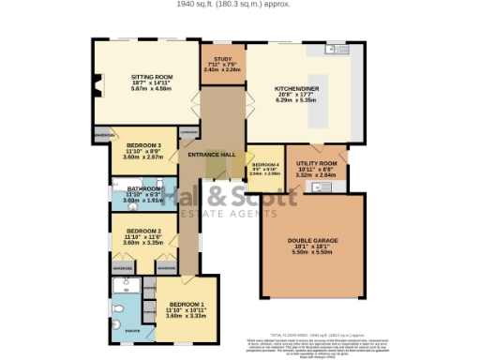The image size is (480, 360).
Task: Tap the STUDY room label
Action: pyautogui.click(x=222, y=58)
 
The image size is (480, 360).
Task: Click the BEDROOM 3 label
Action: pyautogui.click(x=144, y=145)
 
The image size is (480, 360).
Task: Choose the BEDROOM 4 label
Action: pyautogui.click(x=265, y=164)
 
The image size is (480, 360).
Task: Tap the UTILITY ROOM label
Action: pyautogui.click(x=317, y=162)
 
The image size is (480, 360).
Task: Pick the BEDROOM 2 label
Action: pyautogui.click(x=144, y=231)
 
